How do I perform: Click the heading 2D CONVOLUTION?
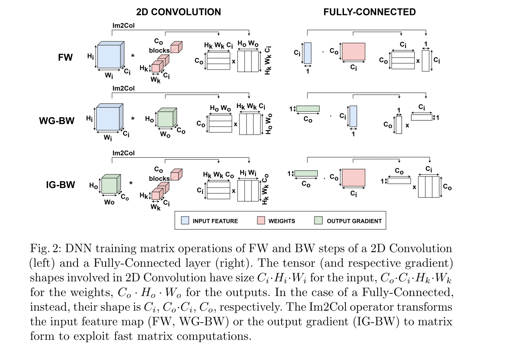[178, 12]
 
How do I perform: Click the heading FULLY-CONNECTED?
[369, 12]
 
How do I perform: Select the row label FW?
[66, 57]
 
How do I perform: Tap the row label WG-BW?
[57, 121]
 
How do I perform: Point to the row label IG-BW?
[60, 185]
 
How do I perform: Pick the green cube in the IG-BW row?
[110, 185]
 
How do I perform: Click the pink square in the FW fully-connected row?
[353, 52]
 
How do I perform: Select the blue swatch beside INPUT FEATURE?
[185, 221]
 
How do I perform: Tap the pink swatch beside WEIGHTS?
[261, 221]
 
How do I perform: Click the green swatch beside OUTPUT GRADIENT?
[318, 221]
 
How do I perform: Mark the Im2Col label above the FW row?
[124, 25]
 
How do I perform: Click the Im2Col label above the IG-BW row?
[124, 153]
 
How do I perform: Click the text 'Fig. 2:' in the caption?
[45, 249]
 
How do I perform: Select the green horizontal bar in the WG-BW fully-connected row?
[308, 109]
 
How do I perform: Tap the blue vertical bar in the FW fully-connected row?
[308, 53]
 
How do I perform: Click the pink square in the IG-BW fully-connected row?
[353, 178]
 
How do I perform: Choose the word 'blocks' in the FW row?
[159, 50]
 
